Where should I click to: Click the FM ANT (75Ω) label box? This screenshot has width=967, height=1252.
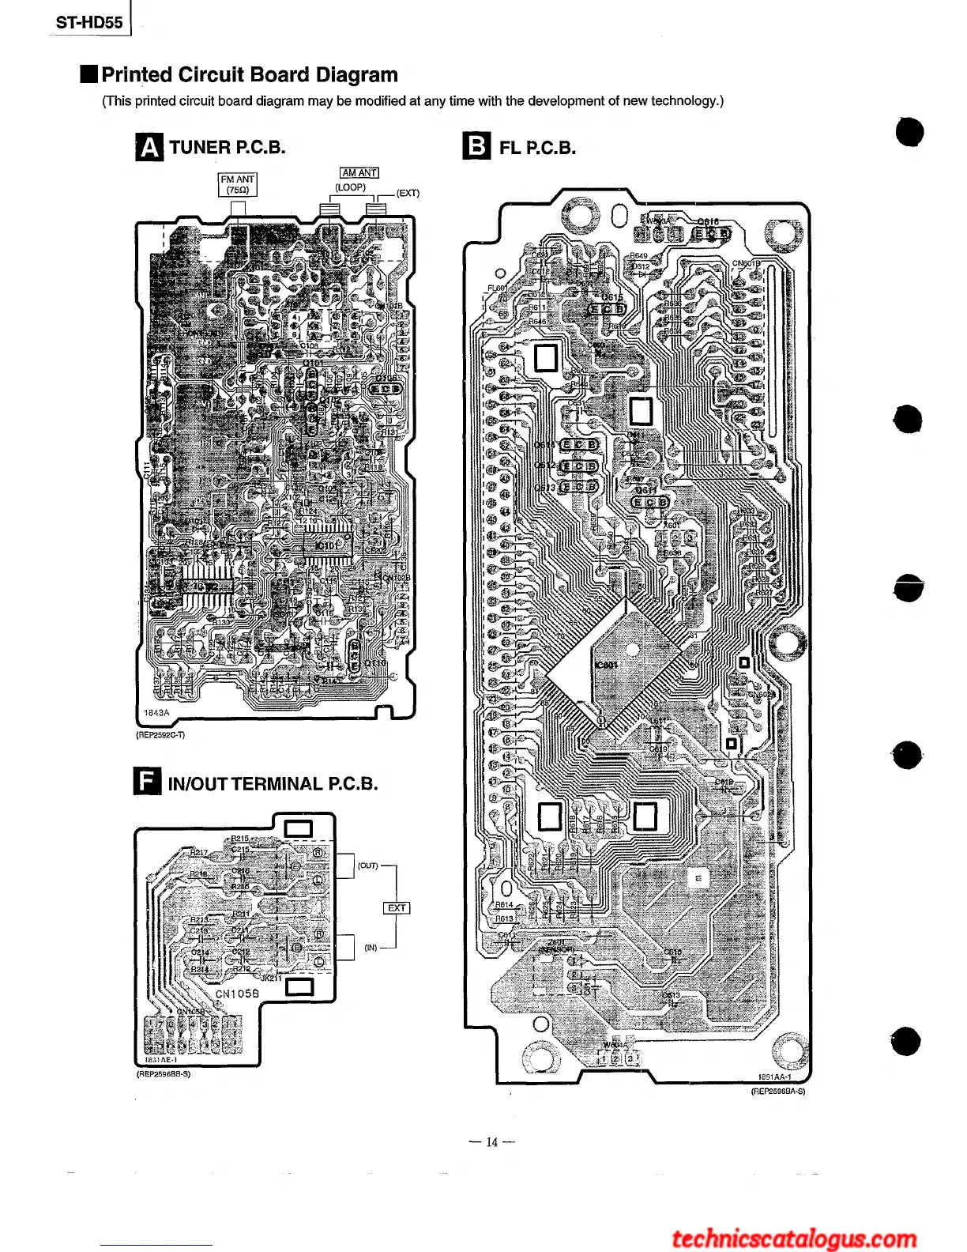click(237, 185)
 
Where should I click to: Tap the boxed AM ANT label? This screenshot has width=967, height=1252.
click(359, 173)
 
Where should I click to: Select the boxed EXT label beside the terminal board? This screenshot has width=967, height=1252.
click(397, 908)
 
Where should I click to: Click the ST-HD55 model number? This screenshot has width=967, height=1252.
click(89, 22)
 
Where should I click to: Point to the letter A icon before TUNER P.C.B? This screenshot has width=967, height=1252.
click(149, 147)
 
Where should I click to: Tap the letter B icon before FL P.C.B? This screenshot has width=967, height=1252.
click(476, 147)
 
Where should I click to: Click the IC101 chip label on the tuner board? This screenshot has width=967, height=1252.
click(326, 545)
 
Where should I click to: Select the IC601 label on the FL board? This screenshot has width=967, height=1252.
click(606, 665)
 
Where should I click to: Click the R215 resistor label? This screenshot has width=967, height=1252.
click(240, 839)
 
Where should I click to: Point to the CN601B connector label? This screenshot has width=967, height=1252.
click(746, 264)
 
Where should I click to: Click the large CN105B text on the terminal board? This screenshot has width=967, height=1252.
click(237, 994)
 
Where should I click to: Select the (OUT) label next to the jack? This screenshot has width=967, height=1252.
click(368, 865)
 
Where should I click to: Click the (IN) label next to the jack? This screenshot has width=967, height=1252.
click(371, 948)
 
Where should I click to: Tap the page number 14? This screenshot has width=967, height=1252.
click(492, 1142)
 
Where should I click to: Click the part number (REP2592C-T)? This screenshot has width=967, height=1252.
click(161, 735)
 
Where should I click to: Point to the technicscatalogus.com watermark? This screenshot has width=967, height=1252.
click(794, 1238)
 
